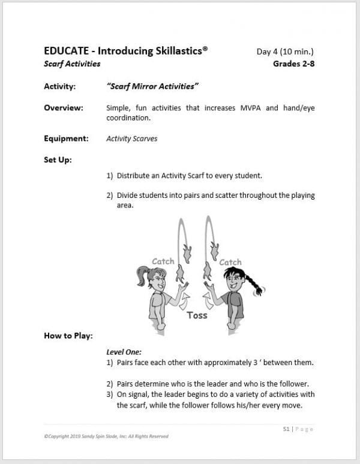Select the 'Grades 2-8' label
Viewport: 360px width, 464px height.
(293, 64)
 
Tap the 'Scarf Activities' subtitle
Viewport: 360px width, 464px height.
(72, 64)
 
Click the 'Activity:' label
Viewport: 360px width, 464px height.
(59, 86)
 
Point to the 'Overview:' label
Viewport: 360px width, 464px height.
(63, 108)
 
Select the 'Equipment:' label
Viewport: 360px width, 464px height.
(66, 138)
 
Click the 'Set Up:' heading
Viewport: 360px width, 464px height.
(58, 159)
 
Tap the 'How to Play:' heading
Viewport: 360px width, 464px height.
(68, 336)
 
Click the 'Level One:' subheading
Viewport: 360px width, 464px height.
(124, 352)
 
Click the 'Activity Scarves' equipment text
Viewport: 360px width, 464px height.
(131, 138)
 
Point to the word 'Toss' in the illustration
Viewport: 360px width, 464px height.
(197, 315)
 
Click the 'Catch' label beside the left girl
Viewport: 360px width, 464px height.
(163, 261)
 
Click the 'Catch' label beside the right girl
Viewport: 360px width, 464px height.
(230, 262)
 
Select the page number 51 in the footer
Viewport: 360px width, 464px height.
(286, 429)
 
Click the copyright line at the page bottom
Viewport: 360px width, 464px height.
(106, 436)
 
